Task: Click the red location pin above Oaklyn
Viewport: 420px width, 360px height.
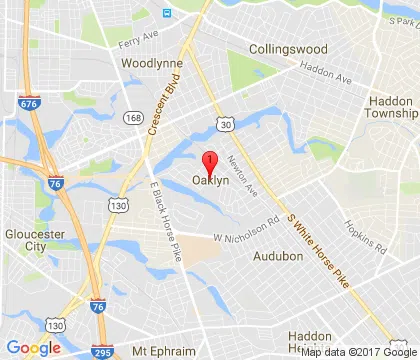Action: (209, 163)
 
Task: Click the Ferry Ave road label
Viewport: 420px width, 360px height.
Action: (139, 42)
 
